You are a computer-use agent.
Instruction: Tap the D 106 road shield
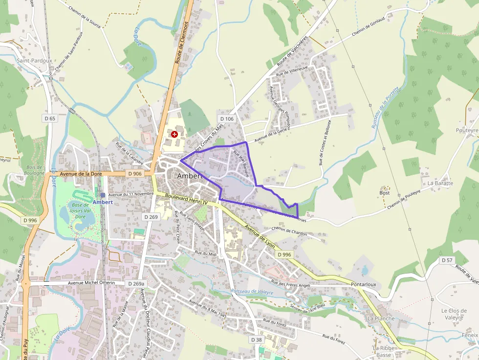click(x=227, y=119)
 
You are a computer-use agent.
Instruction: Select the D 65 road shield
click(x=50, y=118)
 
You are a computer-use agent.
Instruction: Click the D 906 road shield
click(x=134, y=173)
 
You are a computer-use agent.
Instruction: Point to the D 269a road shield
click(x=136, y=283)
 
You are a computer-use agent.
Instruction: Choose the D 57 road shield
click(x=447, y=260)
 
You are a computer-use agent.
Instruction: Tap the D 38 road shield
click(x=257, y=339)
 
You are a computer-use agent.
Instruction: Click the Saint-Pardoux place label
click(x=34, y=61)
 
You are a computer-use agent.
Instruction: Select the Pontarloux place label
click(x=363, y=284)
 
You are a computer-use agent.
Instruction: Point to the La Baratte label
click(x=440, y=183)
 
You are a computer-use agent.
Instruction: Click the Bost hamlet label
click(x=385, y=192)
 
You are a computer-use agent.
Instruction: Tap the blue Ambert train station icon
click(x=103, y=194)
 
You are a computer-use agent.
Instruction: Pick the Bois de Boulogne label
click(x=35, y=170)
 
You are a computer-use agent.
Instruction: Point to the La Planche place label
click(x=381, y=318)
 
